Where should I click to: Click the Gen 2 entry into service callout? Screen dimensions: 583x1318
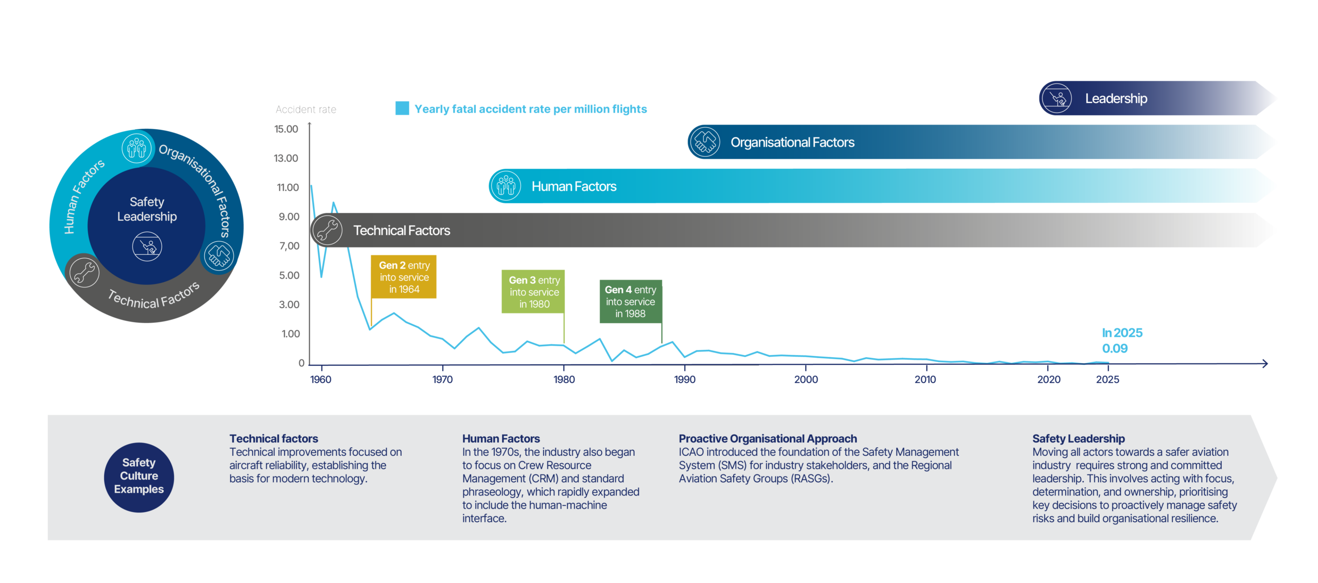pos(404,277)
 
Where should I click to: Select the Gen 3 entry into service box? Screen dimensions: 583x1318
pos(533,292)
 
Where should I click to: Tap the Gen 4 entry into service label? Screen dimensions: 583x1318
pos(630,302)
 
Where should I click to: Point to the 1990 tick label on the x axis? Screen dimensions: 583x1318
pos(684,380)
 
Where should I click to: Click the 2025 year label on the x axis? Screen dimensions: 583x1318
pos(1107,380)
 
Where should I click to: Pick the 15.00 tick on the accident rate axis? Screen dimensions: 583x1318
pos(286,129)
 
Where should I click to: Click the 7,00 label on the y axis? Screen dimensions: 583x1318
pos(289,246)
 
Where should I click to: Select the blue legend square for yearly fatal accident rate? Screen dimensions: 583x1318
pos(402,109)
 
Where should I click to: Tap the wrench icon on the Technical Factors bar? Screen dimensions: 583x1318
pos(327,230)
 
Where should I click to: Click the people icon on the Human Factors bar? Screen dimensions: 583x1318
pos(506,186)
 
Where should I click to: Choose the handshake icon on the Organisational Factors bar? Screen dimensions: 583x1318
pos(705,142)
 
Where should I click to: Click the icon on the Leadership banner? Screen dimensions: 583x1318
pos(1056,98)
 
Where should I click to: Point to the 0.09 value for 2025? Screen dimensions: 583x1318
pos(1115,349)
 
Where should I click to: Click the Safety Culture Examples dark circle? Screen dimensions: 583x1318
pos(139,476)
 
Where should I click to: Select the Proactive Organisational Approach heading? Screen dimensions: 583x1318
pos(767,438)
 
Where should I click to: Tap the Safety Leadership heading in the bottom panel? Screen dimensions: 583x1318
pos(1078,438)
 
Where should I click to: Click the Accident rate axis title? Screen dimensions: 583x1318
pos(306,110)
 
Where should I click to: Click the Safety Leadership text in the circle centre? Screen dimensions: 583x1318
pos(147,209)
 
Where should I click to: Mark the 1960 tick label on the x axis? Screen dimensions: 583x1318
pos(321,380)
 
